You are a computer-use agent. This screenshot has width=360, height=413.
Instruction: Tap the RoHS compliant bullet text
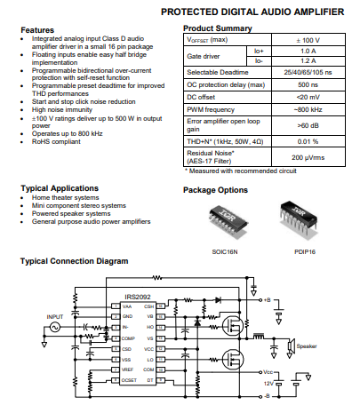[56, 140]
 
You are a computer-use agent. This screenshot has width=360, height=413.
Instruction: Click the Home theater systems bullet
[71, 196]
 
